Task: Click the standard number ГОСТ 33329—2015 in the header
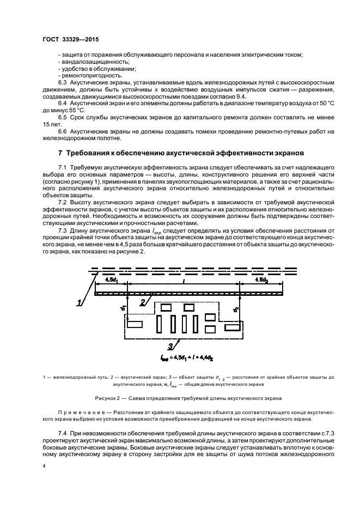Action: point(67,39)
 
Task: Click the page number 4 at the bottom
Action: point(45,466)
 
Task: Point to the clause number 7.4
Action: point(62,431)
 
